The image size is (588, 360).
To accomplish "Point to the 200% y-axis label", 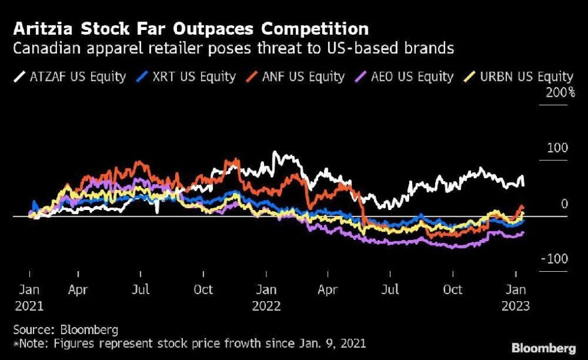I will [x=559, y=92].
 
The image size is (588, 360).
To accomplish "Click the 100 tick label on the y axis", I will [x=558, y=148].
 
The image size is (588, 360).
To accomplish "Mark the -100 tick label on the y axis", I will [x=555, y=259].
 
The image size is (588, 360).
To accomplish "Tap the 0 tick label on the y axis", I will [x=564, y=204].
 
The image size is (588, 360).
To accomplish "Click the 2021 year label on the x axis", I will [x=28, y=306].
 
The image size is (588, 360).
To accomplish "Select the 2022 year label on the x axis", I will [x=266, y=306].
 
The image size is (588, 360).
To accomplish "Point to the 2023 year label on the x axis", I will [x=515, y=306].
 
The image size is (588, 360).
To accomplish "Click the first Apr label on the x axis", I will [x=78, y=290].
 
